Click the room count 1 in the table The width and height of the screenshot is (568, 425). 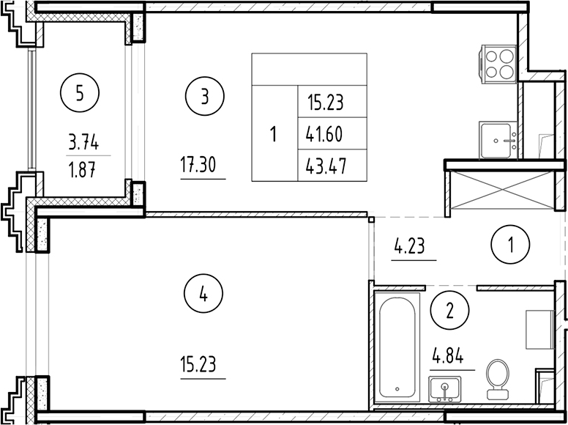(x=274, y=135)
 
